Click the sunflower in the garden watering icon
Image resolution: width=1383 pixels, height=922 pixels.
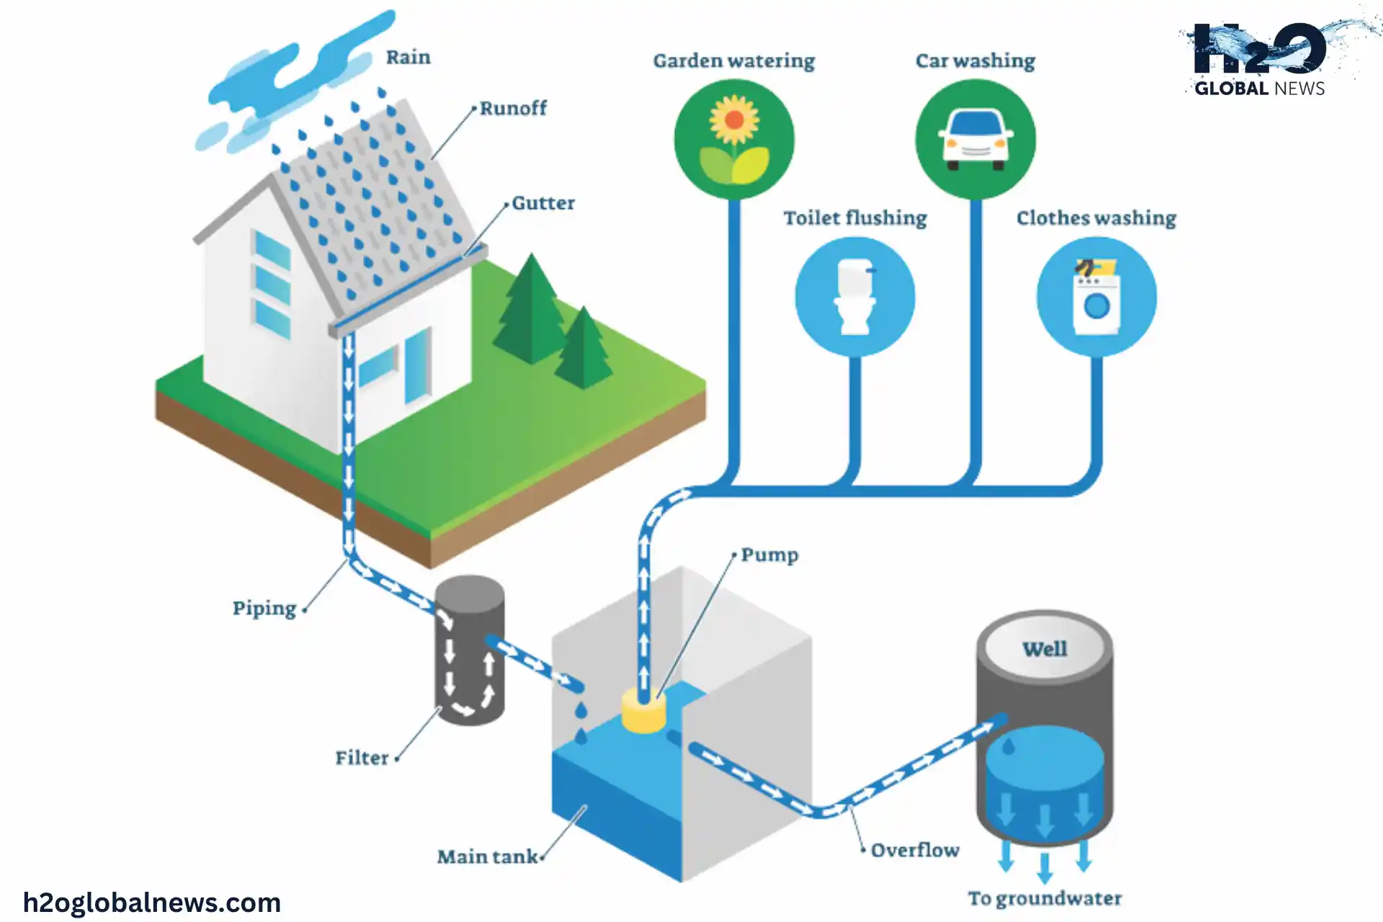tap(734, 120)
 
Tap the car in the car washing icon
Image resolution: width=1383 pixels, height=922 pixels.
tap(976, 139)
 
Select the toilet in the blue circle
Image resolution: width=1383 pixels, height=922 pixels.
tap(855, 297)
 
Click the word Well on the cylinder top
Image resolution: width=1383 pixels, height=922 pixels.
tap(1044, 649)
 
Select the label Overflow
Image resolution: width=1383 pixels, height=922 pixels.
tap(915, 851)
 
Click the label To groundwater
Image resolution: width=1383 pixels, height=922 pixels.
tap(1044, 899)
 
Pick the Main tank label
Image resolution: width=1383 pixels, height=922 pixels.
tap(488, 856)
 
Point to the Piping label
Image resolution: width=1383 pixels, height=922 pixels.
tap(264, 609)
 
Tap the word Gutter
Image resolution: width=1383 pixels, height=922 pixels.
tap(543, 203)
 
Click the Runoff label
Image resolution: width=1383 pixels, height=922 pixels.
tap(513, 109)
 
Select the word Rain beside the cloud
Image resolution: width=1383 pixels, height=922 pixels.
tap(408, 58)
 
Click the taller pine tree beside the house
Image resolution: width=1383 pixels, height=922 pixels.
tap(532, 310)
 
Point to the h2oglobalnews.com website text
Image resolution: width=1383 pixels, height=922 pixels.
tap(152, 903)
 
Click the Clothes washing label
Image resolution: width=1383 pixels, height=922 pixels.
tap(1096, 218)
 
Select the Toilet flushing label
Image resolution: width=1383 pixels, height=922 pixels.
tap(855, 218)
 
